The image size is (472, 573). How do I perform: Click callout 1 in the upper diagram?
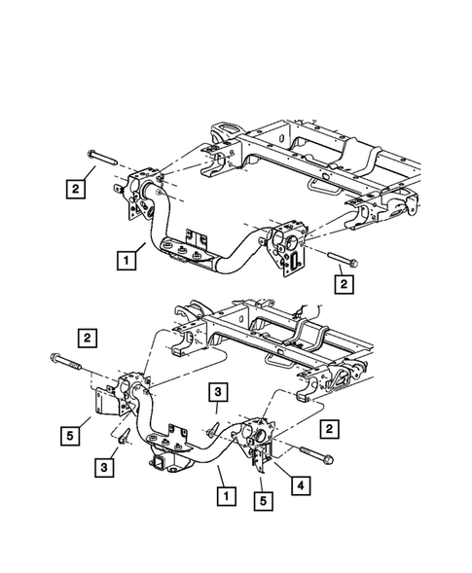pos(124,260)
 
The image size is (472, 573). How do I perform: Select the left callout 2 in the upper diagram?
pos(75,191)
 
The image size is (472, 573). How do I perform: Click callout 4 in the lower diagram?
pos(305,483)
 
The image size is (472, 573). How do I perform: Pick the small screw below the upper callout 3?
pos(211,426)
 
